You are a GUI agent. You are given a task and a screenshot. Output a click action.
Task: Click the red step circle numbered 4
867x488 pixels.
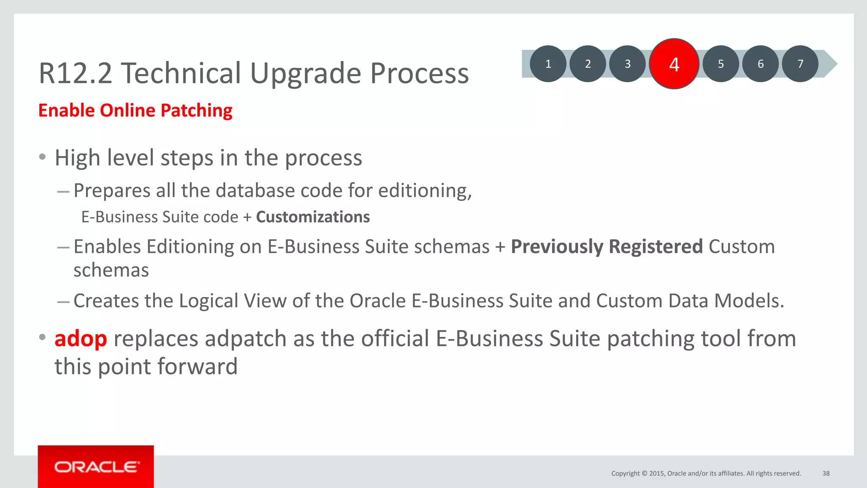[x=674, y=64]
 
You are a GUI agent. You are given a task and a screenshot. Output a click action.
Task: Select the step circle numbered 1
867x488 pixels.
[x=548, y=64]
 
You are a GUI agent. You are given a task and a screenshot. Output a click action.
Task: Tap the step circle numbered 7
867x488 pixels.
[x=800, y=64]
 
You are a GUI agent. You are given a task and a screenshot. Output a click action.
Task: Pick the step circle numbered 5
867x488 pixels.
[x=721, y=64]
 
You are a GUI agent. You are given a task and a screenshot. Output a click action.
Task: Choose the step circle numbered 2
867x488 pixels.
[x=588, y=64]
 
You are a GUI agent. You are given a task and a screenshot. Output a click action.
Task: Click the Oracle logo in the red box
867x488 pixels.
[x=96, y=467]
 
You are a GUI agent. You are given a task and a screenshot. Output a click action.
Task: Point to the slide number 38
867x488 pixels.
[x=826, y=473]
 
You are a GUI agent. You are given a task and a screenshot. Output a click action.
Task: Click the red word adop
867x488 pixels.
[x=80, y=339]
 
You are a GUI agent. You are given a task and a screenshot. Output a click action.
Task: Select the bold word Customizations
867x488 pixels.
[x=313, y=217]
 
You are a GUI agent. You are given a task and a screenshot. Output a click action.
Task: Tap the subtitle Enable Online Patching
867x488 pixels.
[x=135, y=110]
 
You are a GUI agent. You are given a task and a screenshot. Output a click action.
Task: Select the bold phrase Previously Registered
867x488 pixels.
[x=607, y=247]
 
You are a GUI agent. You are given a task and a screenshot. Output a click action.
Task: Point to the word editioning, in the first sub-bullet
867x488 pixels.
[x=425, y=191]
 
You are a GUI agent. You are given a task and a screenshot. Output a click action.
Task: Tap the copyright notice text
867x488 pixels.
[x=706, y=473]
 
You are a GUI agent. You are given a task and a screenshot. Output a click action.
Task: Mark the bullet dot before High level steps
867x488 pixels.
[x=42, y=157]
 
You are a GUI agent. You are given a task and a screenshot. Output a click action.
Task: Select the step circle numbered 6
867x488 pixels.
[x=760, y=64]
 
